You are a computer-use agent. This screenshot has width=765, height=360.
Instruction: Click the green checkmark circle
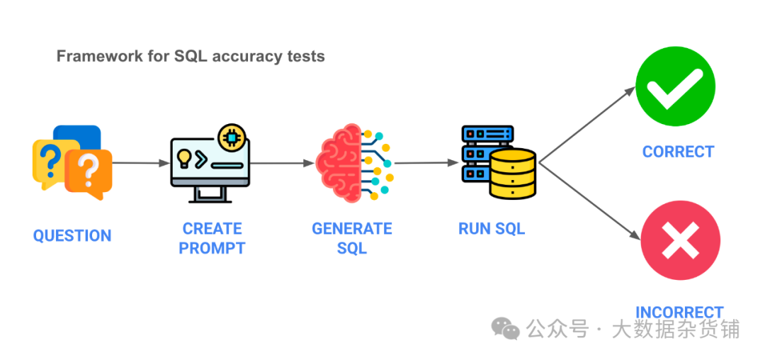pyautogui.click(x=675, y=86)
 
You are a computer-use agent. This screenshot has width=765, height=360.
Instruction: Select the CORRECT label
pyautogui.click(x=678, y=152)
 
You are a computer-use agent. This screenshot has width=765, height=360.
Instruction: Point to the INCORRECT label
pyautogui.click(x=679, y=313)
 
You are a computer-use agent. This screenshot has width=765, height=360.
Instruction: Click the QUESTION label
pyautogui.click(x=72, y=235)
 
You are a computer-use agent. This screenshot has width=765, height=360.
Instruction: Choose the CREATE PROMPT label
pyautogui.click(x=212, y=238)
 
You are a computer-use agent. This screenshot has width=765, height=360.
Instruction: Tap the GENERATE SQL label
pyautogui.click(x=352, y=238)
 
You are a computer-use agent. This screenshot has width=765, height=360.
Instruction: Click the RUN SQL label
pyautogui.click(x=492, y=229)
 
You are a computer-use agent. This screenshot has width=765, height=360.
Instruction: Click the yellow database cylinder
pyautogui.click(x=513, y=174)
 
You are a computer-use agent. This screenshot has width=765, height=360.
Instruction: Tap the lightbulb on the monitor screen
pyautogui.click(x=184, y=157)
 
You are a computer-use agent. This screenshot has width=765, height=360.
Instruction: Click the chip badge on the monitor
pyautogui.click(x=231, y=137)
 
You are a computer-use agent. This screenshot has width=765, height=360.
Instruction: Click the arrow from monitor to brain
pyautogui.click(x=282, y=163)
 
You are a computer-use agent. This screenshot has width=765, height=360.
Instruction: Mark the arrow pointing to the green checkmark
pyautogui.click(x=587, y=125)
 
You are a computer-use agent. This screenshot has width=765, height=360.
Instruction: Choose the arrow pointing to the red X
pyautogui.click(x=589, y=201)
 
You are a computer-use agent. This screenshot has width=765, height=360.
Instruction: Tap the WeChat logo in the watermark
pyautogui.click(x=506, y=328)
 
